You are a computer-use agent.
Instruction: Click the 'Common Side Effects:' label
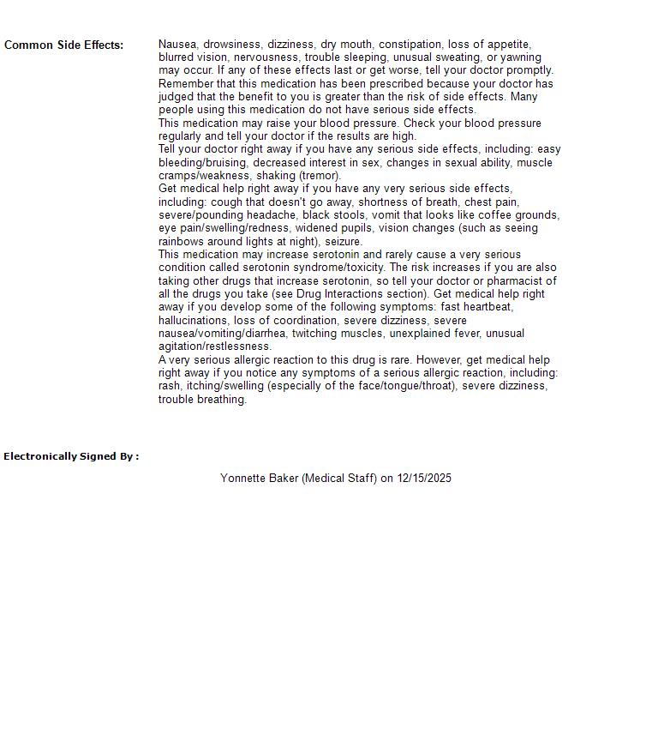(x=64, y=45)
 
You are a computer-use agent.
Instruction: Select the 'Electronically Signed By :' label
(x=71, y=456)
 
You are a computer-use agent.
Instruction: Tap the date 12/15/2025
(x=424, y=479)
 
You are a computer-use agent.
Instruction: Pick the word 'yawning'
(x=521, y=57)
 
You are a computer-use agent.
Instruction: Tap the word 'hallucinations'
(x=193, y=321)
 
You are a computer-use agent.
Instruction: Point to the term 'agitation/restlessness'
(x=215, y=346)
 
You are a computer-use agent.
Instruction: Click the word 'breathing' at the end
(x=221, y=400)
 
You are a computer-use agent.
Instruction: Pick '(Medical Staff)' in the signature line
(x=339, y=479)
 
